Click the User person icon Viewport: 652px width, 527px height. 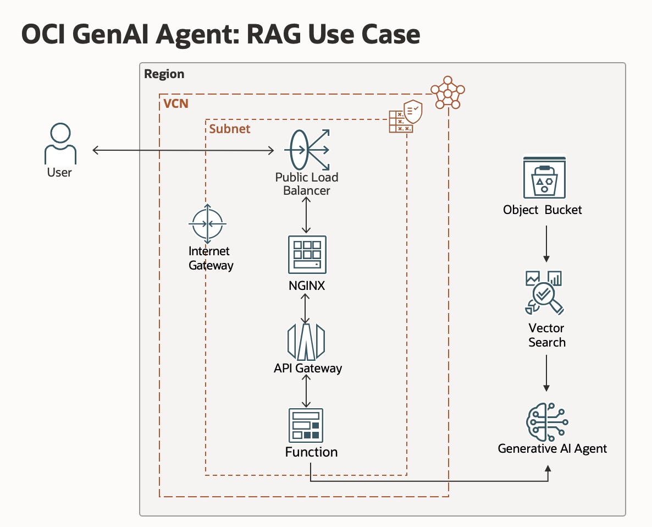(x=60, y=144)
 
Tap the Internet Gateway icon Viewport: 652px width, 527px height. (x=207, y=224)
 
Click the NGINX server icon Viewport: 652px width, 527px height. (x=307, y=254)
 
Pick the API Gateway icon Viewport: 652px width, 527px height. (x=306, y=342)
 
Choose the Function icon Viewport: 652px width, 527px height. (x=306, y=425)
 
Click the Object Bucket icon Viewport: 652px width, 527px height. (x=544, y=178)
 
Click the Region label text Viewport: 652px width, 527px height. (x=164, y=74)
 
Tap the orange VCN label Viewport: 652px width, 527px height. (x=176, y=103)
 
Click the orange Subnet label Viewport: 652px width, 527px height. (x=230, y=129)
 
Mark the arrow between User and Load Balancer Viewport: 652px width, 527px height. (x=181, y=150)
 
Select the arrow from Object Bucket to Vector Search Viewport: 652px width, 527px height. (x=546, y=242)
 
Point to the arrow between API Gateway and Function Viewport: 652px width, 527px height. (x=306, y=391)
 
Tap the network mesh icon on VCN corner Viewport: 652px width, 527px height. (x=447, y=94)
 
